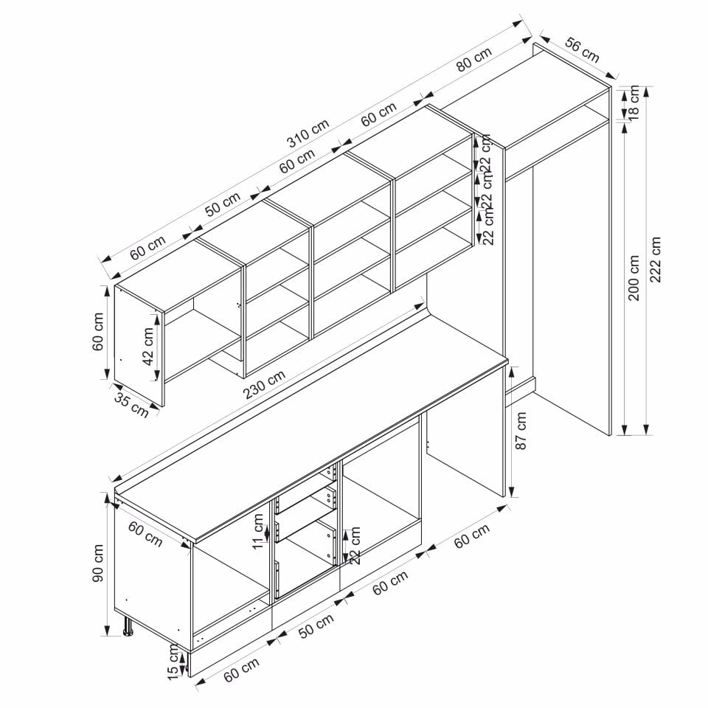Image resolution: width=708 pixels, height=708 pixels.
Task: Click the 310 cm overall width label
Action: tap(308, 132)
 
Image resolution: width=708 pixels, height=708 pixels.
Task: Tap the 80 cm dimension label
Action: tap(474, 59)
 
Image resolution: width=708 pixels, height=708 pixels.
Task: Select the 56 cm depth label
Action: tap(583, 50)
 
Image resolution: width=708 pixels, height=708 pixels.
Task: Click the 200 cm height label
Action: tap(634, 277)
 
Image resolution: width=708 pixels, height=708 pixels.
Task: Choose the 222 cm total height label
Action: tap(655, 259)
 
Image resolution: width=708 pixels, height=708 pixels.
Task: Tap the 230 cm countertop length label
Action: tap(265, 385)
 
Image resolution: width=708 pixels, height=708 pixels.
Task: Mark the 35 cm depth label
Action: tap(131, 405)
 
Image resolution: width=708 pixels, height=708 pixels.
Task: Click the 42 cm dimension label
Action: tap(147, 347)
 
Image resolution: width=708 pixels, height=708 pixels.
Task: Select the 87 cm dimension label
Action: tap(521, 430)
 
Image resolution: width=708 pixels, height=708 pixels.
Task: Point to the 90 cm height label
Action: tap(98, 563)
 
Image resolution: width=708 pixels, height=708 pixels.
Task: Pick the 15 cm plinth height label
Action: tap(173, 662)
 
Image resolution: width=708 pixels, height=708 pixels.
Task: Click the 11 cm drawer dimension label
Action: tap(258, 531)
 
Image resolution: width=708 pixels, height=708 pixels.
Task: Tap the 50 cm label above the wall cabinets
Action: tap(223, 204)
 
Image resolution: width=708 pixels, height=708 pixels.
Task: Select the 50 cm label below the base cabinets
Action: tap(316, 625)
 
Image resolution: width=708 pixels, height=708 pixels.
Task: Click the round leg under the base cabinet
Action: tap(128, 626)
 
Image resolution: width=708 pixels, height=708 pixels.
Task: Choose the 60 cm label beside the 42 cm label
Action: tap(98, 331)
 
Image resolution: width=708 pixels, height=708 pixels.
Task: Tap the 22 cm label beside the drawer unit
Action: tap(355, 545)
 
